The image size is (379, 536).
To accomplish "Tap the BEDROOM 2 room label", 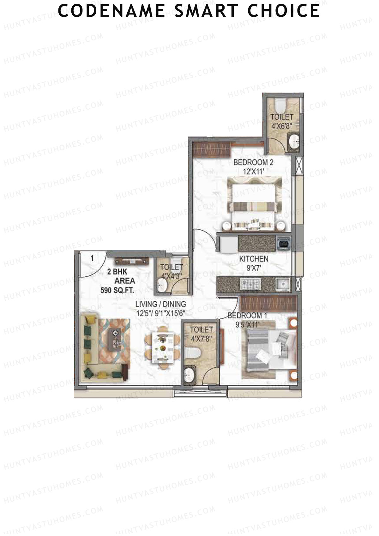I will point(253,163).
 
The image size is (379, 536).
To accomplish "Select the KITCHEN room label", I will point(254,259).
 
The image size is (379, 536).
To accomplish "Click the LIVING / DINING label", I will point(160,304).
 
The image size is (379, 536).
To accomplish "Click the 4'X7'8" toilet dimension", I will point(201,339).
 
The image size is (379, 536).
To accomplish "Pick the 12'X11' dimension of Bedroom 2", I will point(253,172).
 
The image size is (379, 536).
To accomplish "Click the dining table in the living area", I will point(162,347).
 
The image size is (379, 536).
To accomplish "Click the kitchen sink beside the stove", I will point(283,283).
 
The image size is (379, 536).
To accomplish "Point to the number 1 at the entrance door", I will point(92,259).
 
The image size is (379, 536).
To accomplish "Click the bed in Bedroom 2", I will point(255,202).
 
